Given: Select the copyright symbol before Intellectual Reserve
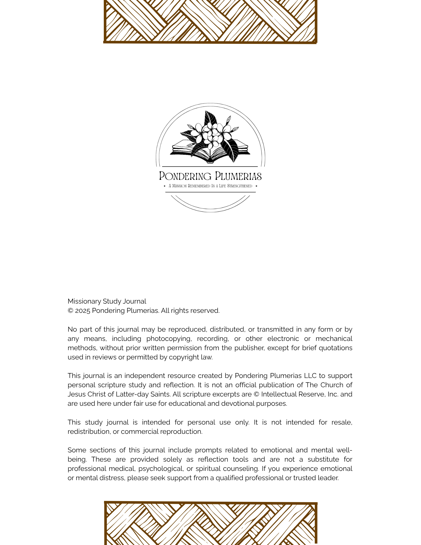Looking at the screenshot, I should tap(256, 394).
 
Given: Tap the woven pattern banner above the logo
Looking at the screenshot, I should tap(210, 21).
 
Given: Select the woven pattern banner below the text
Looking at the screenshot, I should tap(211, 523).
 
